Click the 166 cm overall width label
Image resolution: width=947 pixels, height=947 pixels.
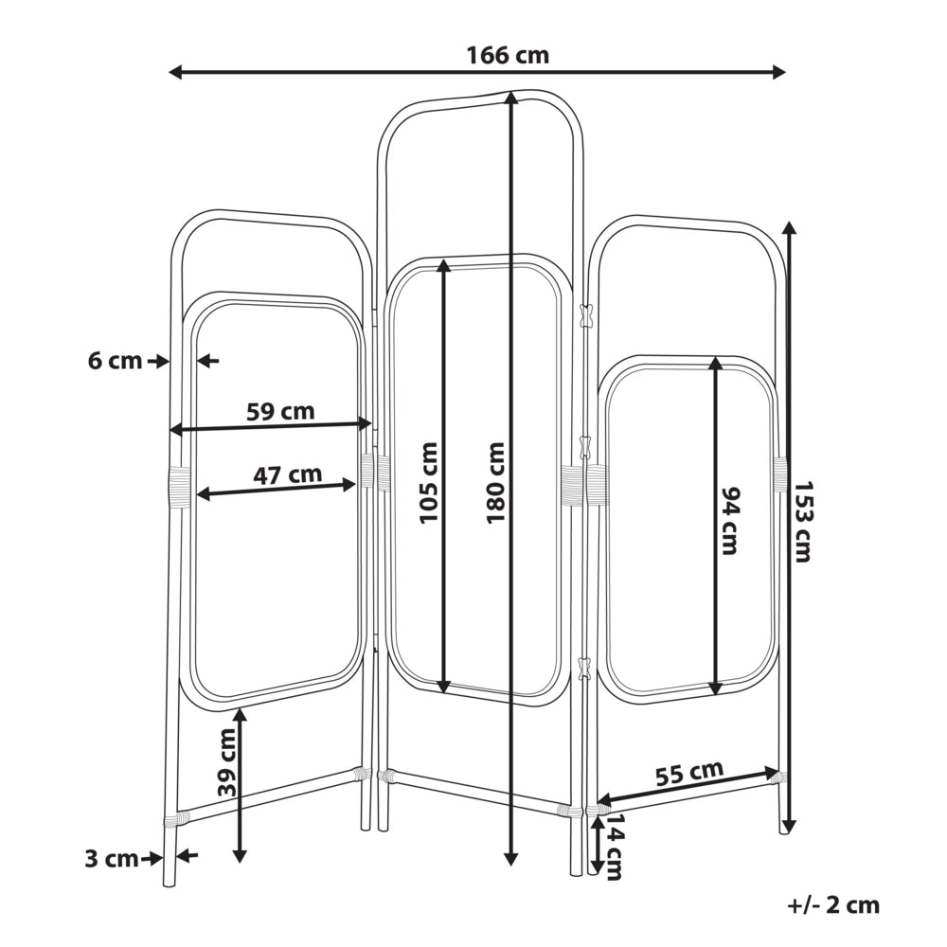(x=508, y=56)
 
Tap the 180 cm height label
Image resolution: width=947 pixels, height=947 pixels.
(x=495, y=483)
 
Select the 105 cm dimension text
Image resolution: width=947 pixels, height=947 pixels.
(x=428, y=483)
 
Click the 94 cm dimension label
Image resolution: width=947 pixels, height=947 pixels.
(x=730, y=521)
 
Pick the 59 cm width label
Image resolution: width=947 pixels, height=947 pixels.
(x=280, y=411)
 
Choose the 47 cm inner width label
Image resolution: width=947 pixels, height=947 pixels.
(x=287, y=474)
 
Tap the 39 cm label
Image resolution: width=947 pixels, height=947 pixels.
(x=227, y=762)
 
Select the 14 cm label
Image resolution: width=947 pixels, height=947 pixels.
(x=615, y=848)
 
